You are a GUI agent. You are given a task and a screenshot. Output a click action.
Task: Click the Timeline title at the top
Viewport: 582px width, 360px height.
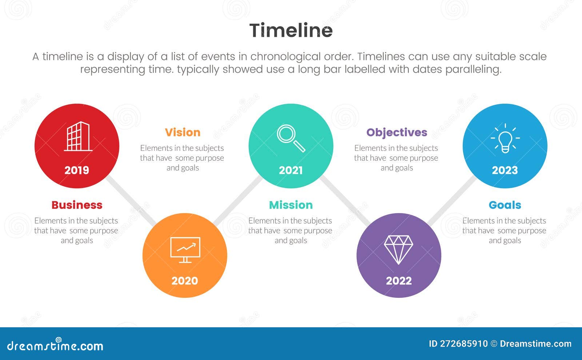[x=291, y=30]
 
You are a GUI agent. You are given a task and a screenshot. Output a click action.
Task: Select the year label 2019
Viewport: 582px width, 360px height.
[x=77, y=170]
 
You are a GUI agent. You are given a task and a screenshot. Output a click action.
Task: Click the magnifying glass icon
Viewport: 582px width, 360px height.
[x=291, y=138]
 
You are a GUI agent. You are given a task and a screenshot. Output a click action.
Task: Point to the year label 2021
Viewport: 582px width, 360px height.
[x=291, y=170]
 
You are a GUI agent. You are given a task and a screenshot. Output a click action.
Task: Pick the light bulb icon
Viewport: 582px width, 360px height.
[x=505, y=138]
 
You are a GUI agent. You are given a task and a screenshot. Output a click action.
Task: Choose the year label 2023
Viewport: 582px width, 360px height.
[x=505, y=170]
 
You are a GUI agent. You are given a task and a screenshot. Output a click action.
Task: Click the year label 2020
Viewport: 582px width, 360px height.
[x=185, y=281]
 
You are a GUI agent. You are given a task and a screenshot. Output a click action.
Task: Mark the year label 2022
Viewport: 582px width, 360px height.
[x=399, y=281]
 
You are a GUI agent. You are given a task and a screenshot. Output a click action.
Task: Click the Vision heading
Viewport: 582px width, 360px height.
[x=183, y=132]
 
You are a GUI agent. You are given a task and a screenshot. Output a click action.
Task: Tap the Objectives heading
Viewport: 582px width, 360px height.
[x=397, y=132]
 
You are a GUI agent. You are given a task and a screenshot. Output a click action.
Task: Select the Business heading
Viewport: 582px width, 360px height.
[x=77, y=205]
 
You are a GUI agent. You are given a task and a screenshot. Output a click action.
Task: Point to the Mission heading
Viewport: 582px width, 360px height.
[x=291, y=205]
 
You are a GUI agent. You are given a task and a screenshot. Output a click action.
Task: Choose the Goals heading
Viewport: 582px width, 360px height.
[x=505, y=205]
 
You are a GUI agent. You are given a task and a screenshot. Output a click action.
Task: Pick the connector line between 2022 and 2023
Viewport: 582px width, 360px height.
[x=452, y=201]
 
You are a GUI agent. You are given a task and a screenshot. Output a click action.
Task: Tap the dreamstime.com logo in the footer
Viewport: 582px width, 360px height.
[x=55, y=345]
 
